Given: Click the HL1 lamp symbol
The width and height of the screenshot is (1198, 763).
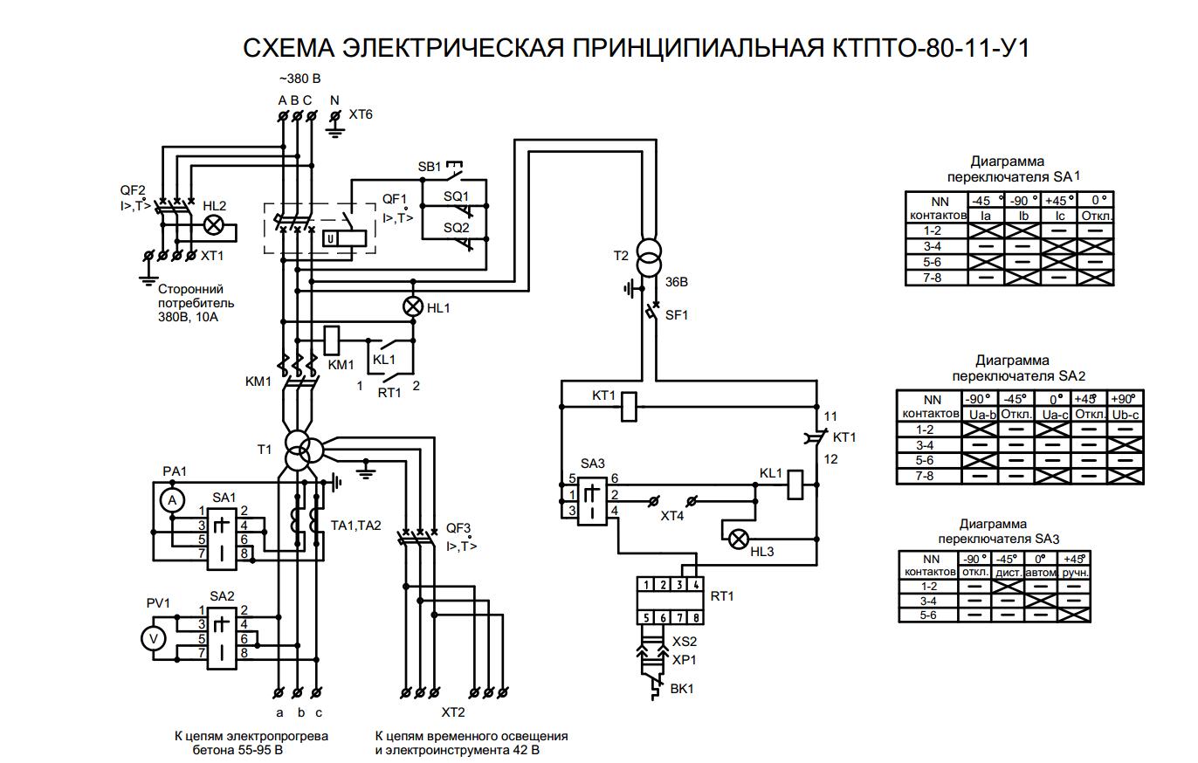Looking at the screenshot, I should pos(412,307).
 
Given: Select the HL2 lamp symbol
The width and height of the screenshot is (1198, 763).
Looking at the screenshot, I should pos(213,225).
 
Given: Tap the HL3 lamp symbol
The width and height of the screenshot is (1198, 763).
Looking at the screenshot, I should pos(739,539).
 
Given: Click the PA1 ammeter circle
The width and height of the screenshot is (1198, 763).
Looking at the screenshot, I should pos(173,498).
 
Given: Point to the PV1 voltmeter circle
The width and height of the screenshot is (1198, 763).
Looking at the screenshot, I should pos(155,639).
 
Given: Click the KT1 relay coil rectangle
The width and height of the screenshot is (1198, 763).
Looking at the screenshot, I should pos(630,400).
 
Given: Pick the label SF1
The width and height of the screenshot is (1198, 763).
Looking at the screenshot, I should pos(677,315).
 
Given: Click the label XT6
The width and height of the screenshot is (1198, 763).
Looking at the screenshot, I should pos(361,114).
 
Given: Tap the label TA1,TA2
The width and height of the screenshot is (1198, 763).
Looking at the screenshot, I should pos(356,526).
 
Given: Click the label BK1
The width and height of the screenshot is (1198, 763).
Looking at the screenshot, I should pos(682,689).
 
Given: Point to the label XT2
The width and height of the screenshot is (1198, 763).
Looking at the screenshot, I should pos(453,711).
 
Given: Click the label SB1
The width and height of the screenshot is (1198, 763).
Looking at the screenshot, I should pos(430,166).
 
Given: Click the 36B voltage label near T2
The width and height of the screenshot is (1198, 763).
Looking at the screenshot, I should pos(677,282).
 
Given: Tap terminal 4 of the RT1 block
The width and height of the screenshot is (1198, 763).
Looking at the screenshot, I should pos(695,584).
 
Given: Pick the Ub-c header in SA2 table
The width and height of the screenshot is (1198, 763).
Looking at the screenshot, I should pos(1126,414).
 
